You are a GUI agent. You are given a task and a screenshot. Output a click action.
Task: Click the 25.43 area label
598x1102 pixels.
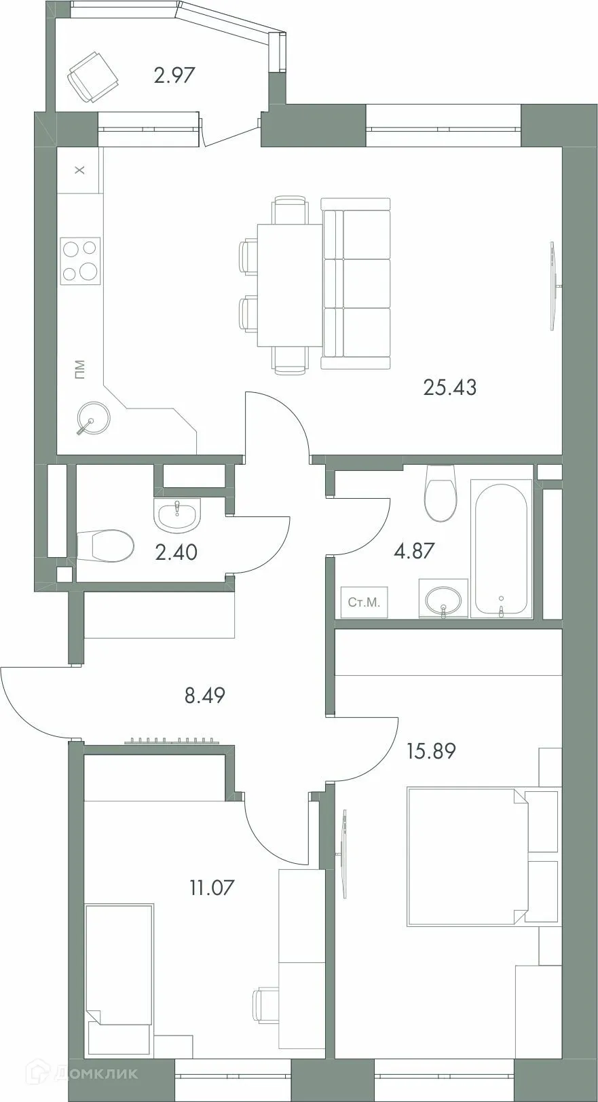click(x=449, y=387)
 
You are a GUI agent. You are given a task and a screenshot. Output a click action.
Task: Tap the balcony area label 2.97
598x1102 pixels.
click(x=174, y=75)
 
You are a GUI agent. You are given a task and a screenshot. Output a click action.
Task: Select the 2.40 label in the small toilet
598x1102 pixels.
click(x=176, y=552)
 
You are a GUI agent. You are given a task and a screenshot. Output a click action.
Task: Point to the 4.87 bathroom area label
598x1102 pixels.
click(x=413, y=550)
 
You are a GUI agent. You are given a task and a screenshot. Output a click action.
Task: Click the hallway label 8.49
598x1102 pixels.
click(x=204, y=695)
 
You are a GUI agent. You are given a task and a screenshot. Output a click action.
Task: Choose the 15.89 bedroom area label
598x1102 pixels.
click(x=430, y=751)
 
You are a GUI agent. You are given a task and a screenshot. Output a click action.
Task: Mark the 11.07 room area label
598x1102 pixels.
click(x=212, y=887)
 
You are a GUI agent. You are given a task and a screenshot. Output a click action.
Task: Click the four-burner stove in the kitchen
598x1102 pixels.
click(x=80, y=260)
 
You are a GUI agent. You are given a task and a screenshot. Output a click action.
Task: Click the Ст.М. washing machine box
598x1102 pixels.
click(x=364, y=602)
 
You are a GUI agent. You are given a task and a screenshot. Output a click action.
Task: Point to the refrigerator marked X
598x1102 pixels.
click(x=79, y=170)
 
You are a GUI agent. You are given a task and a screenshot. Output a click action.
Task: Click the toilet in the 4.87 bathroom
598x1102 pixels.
click(x=439, y=493)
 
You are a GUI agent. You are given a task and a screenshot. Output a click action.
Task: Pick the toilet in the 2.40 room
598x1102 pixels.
click(x=105, y=546)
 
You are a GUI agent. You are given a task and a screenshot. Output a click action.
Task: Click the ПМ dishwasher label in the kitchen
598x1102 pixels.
click(x=80, y=370)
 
